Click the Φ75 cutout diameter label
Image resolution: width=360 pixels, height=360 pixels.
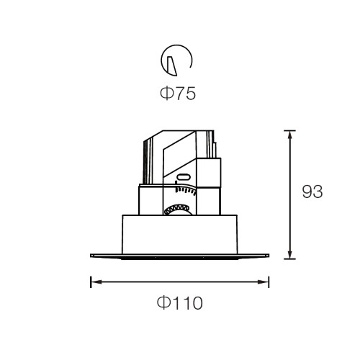click(x=178, y=94)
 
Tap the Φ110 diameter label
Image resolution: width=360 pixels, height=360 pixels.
click(x=180, y=303)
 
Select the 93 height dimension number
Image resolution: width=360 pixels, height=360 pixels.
click(x=312, y=192)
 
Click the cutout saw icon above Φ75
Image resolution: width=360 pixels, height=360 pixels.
click(x=176, y=60)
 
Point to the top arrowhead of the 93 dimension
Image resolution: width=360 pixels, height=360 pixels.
click(x=290, y=135)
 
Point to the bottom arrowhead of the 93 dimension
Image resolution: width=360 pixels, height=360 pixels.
click(x=290, y=255)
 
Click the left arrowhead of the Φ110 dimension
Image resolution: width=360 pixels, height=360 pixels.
click(x=96, y=282)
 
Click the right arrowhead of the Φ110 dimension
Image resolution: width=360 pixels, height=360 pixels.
click(x=264, y=282)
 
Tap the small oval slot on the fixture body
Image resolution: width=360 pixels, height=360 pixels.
click(x=184, y=177)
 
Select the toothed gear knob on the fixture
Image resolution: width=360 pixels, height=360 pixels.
click(x=178, y=210)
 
